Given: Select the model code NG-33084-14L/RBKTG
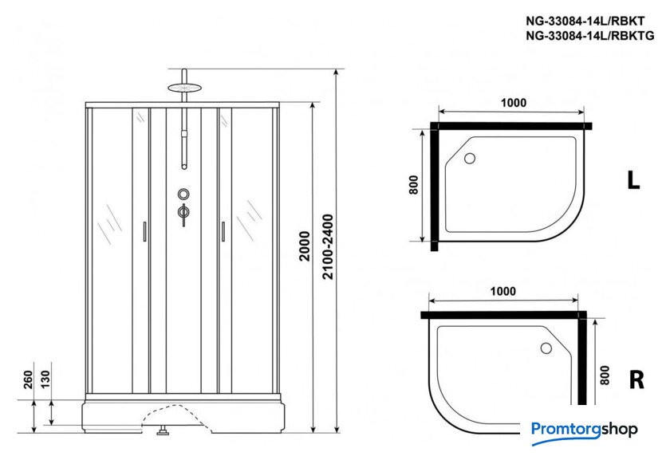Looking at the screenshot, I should pyautogui.click(x=589, y=36).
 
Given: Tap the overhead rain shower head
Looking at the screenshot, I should pyautogui.click(x=185, y=85).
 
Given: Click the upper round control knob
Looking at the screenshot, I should pyautogui.click(x=184, y=194).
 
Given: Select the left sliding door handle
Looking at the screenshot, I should pyautogui.click(x=144, y=231).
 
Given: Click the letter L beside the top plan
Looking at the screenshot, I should pyautogui.click(x=633, y=181).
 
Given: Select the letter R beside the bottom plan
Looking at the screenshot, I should pyautogui.click(x=636, y=379).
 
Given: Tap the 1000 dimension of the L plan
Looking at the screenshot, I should pyautogui.click(x=513, y=103).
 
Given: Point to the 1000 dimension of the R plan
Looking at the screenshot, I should pyautogui.click(x=502, y=292).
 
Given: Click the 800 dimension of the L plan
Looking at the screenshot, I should pyautogui.click(x=412, y=185).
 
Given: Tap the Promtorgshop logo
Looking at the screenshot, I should pyautogui.click(x=585, y=430).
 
